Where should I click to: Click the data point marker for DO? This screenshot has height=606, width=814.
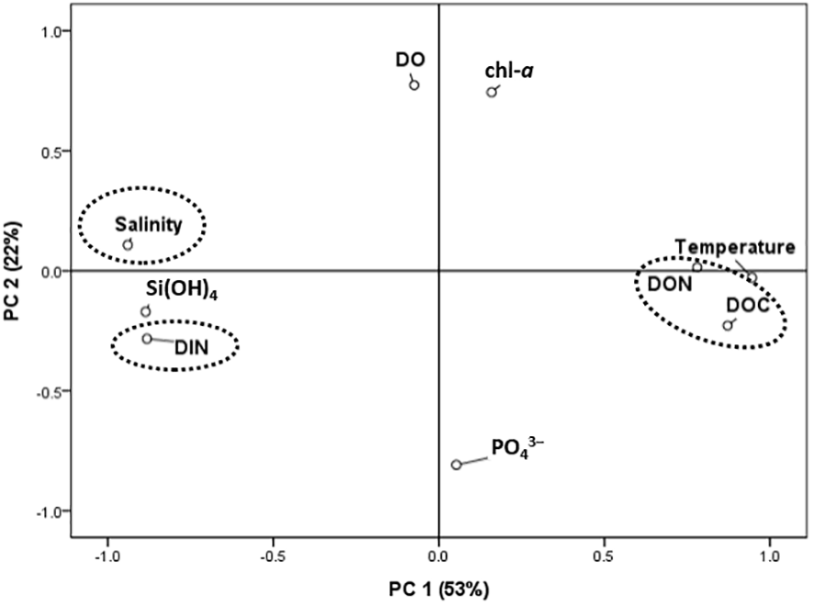point(414,84)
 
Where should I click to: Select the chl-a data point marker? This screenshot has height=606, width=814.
point(492,92)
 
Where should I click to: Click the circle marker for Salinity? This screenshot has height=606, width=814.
point(128,244)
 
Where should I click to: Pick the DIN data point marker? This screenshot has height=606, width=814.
point(147,339)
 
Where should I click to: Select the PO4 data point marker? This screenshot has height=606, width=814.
point(456,465)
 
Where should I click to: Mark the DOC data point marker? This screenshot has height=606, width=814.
point(728,325)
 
